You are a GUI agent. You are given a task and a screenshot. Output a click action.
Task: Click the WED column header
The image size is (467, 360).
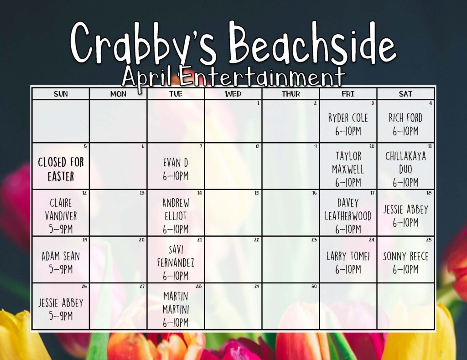233,94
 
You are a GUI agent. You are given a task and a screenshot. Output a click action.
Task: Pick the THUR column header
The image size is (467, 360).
291,94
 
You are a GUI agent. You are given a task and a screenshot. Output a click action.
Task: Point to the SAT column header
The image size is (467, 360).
405,94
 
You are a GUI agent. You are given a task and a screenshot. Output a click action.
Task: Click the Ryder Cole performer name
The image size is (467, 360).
348,118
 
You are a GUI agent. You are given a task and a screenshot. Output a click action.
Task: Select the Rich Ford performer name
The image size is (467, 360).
405,118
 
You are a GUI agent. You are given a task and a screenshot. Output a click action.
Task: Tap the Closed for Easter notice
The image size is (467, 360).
61,169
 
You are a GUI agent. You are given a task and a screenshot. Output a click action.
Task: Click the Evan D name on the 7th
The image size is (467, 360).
176,163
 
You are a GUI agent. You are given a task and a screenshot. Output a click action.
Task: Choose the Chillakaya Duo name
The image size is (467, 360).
405,162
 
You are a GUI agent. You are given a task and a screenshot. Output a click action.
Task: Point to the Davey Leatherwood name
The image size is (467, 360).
348,210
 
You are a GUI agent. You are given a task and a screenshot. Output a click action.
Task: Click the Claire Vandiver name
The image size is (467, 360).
61,210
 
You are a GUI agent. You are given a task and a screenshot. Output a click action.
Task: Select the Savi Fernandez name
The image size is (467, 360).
176,256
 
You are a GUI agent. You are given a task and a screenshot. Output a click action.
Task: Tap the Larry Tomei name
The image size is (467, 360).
348,256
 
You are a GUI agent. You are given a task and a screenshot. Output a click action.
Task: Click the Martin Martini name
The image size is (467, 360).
176,303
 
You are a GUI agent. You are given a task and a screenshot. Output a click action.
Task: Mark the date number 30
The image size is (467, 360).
314,286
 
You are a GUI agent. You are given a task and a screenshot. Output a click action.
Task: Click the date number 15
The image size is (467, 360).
257,193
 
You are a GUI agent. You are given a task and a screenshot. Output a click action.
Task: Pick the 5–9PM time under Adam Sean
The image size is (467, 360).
61,269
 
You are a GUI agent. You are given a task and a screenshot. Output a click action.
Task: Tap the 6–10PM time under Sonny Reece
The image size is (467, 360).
405,269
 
